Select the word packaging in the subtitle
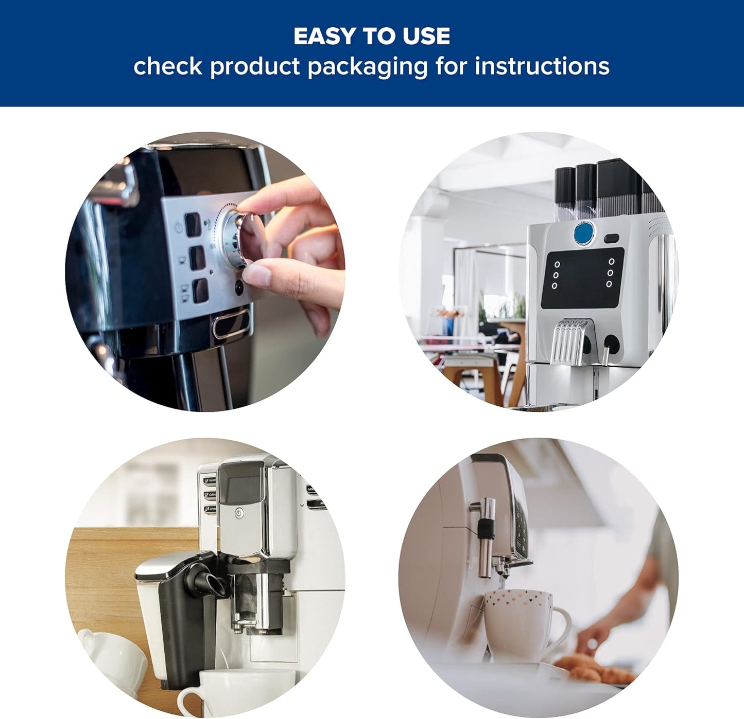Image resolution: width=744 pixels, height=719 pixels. pyautogui.click(x=367, y=67)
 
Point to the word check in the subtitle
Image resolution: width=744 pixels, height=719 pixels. pyautogui.click(x=167, y=66)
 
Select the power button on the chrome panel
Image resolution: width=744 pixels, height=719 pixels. pyautogui.click(x=239, y=513)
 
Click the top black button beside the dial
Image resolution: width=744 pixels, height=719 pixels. pyautogui.click(x=193, y=225)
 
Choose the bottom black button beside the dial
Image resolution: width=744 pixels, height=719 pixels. pyautogui.click(x=200, y=291)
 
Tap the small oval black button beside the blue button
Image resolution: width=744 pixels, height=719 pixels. pyautogui.click(x=612, y=239)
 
